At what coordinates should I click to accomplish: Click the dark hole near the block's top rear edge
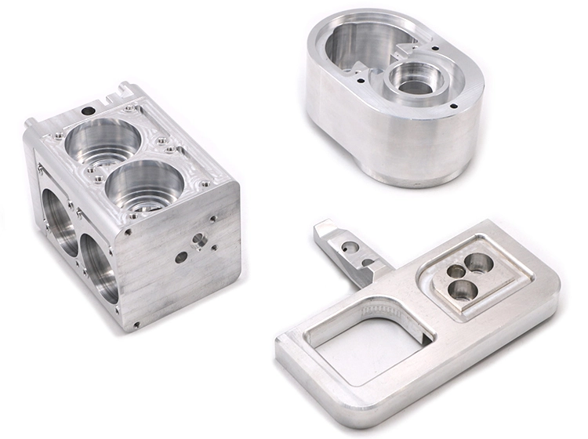coord(89,100)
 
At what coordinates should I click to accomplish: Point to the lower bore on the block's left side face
coord(99,271)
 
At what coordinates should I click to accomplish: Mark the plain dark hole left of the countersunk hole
coord(181,256)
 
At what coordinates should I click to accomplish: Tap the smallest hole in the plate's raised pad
coord(452,271)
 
